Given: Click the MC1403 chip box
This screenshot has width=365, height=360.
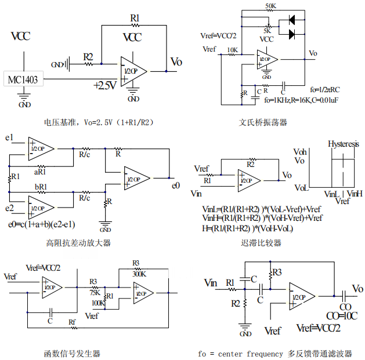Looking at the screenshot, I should point(24,79).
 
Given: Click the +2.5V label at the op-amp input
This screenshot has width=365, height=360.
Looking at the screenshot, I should point(105,85).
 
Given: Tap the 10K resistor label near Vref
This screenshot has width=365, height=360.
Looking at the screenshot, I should point(232,50).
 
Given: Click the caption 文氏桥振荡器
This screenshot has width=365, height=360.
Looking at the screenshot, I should point(263,122).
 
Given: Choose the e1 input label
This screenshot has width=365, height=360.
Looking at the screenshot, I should point(9,138).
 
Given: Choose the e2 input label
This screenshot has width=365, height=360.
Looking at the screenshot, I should point(9,208).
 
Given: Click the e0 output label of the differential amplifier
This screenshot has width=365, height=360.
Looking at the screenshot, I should point(175,186).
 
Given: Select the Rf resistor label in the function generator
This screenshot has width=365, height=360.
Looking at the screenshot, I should point(72,322).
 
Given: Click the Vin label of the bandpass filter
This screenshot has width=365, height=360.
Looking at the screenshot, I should point(211,282).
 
